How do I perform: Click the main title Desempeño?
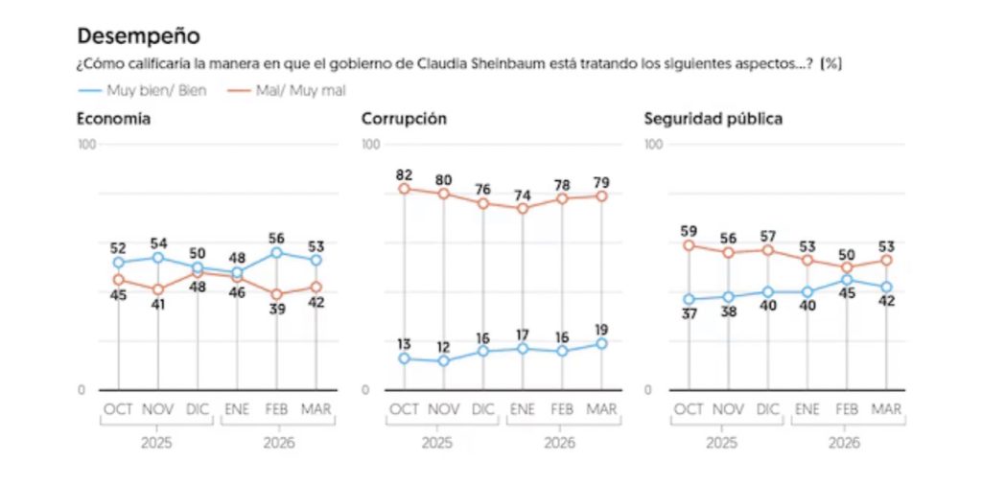(x=138, y=36)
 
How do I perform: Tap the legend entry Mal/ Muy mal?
(x=288, y=89)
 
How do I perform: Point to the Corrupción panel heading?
(x=404, y=119)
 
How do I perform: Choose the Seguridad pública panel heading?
(x=713, y=119)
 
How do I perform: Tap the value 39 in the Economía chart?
(x=277, y=311)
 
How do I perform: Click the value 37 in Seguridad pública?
(x=689, y=315)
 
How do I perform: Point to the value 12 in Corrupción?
(x=443, y=345)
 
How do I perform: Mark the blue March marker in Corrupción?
(x=601, y=343)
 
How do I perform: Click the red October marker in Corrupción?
(x=404, y=189)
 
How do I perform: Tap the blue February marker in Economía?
(x=277, y=252)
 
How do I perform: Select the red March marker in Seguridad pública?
(x=887, y=260)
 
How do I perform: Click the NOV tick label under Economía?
(x=158, y=409)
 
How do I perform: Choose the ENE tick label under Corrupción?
(x=523, y=409)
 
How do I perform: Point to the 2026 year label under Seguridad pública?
(x=844, y=444)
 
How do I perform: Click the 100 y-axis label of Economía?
(x=87, y=144)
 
